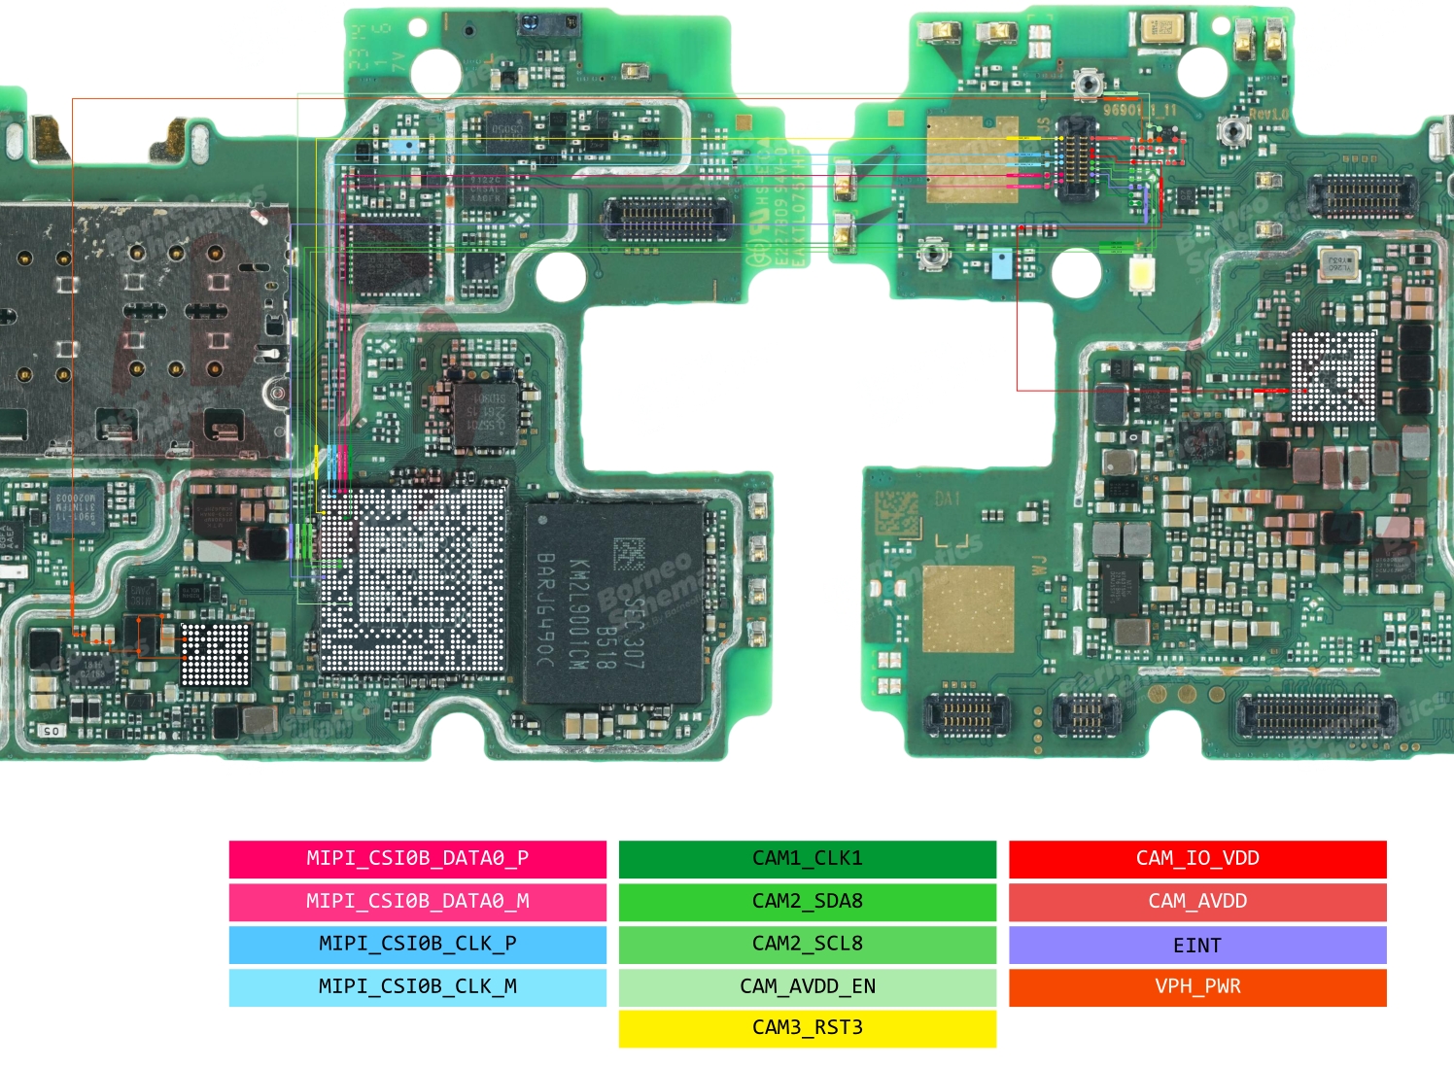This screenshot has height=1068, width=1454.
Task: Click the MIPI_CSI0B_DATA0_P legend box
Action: (417, 858)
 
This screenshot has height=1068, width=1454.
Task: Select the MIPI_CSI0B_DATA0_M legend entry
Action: (417, 901)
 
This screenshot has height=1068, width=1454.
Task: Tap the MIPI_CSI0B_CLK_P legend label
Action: (417, 944)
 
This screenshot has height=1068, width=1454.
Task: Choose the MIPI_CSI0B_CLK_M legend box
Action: (417, 986)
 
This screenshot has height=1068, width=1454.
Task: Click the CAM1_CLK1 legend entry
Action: (807, 858)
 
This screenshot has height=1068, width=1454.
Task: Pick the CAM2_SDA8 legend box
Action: (807, 901)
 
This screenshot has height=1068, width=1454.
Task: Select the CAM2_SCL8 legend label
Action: (807, 944)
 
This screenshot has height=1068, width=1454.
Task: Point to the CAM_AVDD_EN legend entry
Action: (807, 986)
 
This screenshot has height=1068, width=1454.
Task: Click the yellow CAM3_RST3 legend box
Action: (807, 1028)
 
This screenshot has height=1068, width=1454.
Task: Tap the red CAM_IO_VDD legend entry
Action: (1197, 858)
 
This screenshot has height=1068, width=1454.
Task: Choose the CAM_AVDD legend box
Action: (1197, 901)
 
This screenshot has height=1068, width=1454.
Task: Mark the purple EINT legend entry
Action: (1197, 945)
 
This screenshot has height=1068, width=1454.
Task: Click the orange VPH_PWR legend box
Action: (1197, 986)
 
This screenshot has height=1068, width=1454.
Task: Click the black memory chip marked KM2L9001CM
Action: (613, 603)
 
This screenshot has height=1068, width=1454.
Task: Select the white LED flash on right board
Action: (1142, 274)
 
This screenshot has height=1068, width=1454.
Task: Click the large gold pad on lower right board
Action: (967, 609)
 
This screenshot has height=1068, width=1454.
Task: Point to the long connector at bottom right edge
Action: (1313, 717)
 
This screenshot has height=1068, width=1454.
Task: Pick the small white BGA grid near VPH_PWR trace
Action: (216, 654)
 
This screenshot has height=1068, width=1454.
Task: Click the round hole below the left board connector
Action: (561, 275)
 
